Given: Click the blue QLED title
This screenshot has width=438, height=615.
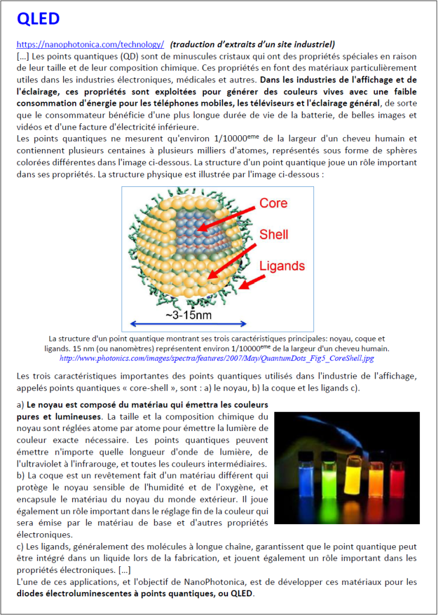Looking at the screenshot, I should (x=39, y=19).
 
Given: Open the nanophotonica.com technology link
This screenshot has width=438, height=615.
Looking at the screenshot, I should (x=90, y=44).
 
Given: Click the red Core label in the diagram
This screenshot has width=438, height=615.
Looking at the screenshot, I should (x=273, y=203).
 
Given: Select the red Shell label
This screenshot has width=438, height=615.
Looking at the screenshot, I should (x=274, y=234).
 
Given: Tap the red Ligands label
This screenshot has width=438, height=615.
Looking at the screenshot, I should (x=282, y=265).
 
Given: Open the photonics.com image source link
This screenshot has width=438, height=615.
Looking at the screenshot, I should (x=217, y=358).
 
